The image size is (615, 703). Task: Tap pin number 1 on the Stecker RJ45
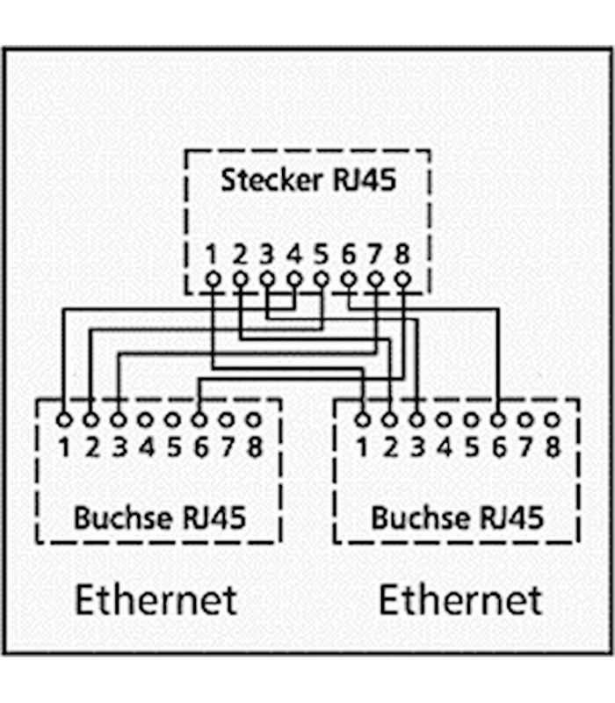[x=212, y=256]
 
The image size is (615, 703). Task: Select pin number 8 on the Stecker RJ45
[x=402, y=256]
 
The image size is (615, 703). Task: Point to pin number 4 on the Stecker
[x=294, y=256]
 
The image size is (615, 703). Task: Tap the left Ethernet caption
[x=156, y=600]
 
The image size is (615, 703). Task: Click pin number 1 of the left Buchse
[x=64, y=447]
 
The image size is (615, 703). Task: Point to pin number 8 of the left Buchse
[x=254, y=447]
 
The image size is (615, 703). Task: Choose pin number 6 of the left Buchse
[x=199, y=447]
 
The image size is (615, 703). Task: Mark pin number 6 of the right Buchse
[x=498, y=447]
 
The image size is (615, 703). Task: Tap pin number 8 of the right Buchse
[x=553, y=447]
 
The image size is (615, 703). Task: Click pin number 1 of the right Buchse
[x=362, y=447]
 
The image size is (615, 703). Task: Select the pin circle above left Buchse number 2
[x=90, y=419]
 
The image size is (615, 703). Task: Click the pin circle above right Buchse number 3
[x=416, y=419]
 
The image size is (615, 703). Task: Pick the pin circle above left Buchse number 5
[x=173, y=419]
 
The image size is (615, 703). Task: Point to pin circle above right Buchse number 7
[x=525, y=419]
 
